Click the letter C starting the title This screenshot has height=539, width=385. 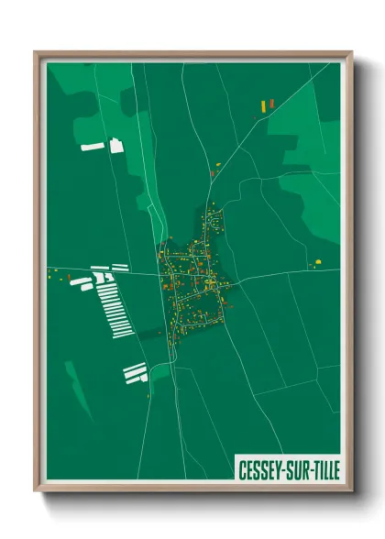click(x=243, y=469)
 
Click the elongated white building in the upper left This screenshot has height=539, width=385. click(x=93, y=146)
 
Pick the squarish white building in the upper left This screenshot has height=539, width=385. click(x=116, y=145)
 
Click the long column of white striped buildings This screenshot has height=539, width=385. click(x=114, y=302)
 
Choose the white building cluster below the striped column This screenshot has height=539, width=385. click(x=136, y=371)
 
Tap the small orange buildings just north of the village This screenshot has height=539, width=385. click(x=216, y=167)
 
